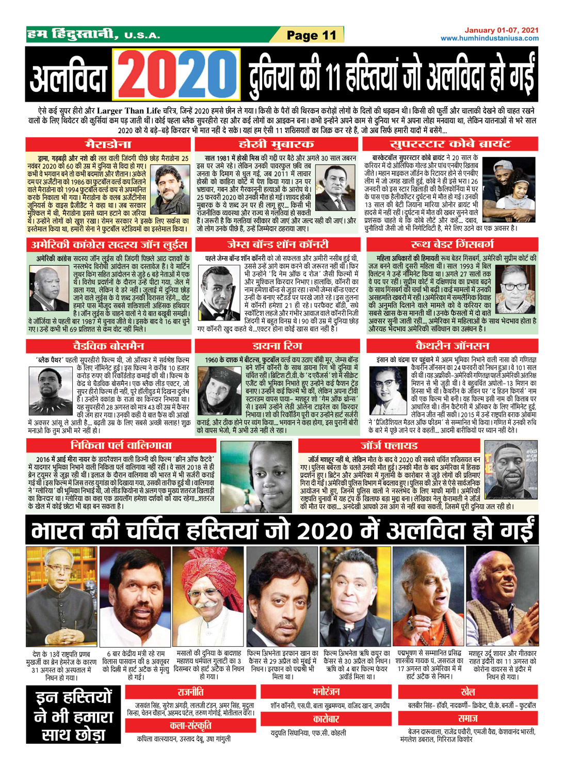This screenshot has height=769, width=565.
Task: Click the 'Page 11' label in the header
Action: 311,36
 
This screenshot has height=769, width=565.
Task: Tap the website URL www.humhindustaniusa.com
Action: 489,38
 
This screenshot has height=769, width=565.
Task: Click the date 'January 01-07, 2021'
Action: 501,30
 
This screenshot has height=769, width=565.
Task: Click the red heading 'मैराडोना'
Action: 108,144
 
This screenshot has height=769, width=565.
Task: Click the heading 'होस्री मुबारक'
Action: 276,144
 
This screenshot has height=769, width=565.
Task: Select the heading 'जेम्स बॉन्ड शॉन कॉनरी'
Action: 278,244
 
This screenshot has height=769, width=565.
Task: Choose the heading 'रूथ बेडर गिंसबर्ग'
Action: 452,244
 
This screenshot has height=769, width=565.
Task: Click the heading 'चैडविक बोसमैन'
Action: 108,345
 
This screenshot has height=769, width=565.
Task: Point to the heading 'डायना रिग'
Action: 277,345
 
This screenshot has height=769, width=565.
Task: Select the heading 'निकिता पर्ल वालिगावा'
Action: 121,445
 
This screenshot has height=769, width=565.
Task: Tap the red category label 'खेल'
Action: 467,692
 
